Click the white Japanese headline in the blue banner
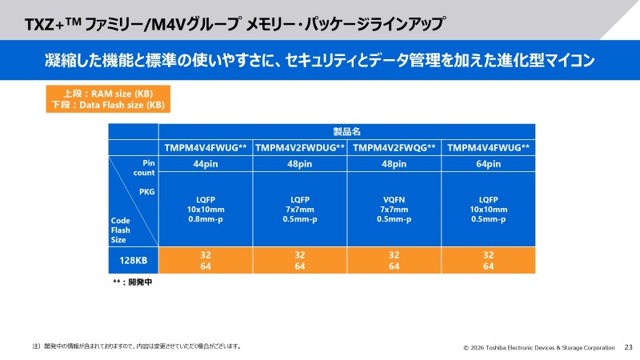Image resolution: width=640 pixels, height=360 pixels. [320, 60]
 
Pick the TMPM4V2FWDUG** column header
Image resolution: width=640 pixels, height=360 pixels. [300, 147]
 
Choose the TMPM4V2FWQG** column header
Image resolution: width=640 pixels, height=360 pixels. [394, 147]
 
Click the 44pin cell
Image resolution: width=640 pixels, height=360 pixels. [206, 164]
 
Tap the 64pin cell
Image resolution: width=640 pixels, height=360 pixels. [488, 164]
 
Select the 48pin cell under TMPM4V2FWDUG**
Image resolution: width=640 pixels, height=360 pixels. [300, 164]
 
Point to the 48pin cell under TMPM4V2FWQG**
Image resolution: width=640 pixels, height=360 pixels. [394, 164]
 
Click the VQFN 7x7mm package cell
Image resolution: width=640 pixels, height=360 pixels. [394, 210]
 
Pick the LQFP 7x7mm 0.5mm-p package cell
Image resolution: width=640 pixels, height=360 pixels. [300, 210]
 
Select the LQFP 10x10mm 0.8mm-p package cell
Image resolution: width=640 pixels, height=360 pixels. [206, 210]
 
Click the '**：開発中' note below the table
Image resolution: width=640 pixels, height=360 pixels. [132, 282]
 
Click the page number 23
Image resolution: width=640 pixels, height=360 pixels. [628, 348]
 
